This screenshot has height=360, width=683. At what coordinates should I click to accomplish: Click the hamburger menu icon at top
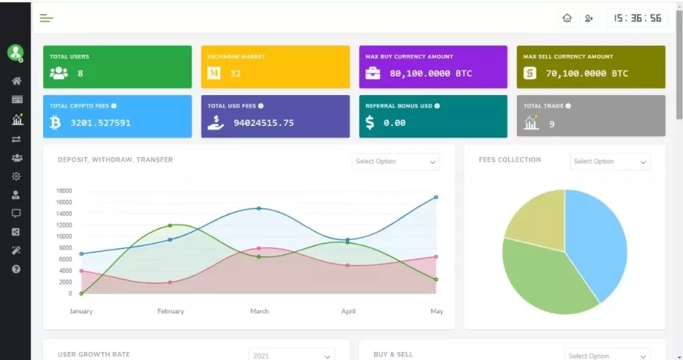pos(47,18)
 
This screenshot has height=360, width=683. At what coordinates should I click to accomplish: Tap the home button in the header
pos(567,18)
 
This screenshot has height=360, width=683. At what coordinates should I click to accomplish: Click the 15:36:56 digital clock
pos(638,18)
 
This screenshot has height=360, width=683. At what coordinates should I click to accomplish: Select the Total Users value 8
pos(80,73)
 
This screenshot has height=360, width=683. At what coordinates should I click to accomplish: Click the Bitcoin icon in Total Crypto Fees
pos(55,123)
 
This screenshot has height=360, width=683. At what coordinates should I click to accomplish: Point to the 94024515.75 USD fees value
pos(263,123)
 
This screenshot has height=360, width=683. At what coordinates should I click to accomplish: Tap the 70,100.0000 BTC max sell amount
pos(587,73)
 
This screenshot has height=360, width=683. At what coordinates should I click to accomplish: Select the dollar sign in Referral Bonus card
pos(370,122)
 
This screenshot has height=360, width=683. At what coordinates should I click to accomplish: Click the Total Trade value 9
pos(552,124)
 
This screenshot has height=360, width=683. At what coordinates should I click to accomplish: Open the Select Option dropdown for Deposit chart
pos(396,161)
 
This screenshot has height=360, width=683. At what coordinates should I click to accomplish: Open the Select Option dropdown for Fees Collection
pos(610,161)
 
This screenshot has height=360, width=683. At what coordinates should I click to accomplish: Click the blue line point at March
pos(259,209)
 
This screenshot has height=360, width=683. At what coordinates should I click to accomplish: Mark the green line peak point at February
pos(171,225)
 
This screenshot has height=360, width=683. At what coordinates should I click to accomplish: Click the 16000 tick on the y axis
pos(64,202)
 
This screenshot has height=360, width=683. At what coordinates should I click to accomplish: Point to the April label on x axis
pos(348,311)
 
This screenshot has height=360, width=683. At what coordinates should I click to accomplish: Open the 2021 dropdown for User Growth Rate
pos(291,355)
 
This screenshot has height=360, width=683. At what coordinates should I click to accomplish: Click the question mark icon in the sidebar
pos(16,269)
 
